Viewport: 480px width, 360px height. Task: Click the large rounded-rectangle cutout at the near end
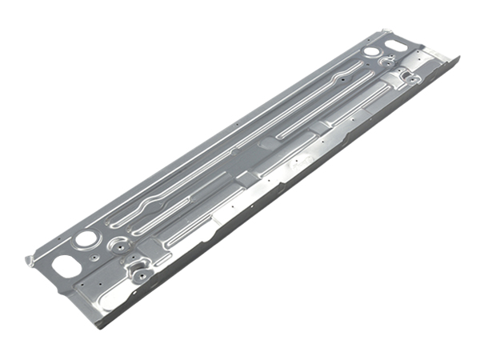coord(62,263)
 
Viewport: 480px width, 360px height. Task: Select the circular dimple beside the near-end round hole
coord(118,240)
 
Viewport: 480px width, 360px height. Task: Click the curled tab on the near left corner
coord(30,260)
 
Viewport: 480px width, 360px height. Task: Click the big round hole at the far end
coord(371,52)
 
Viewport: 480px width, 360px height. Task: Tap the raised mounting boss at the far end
coord(409,78)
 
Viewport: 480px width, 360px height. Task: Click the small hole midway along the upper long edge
coord(239,125)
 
